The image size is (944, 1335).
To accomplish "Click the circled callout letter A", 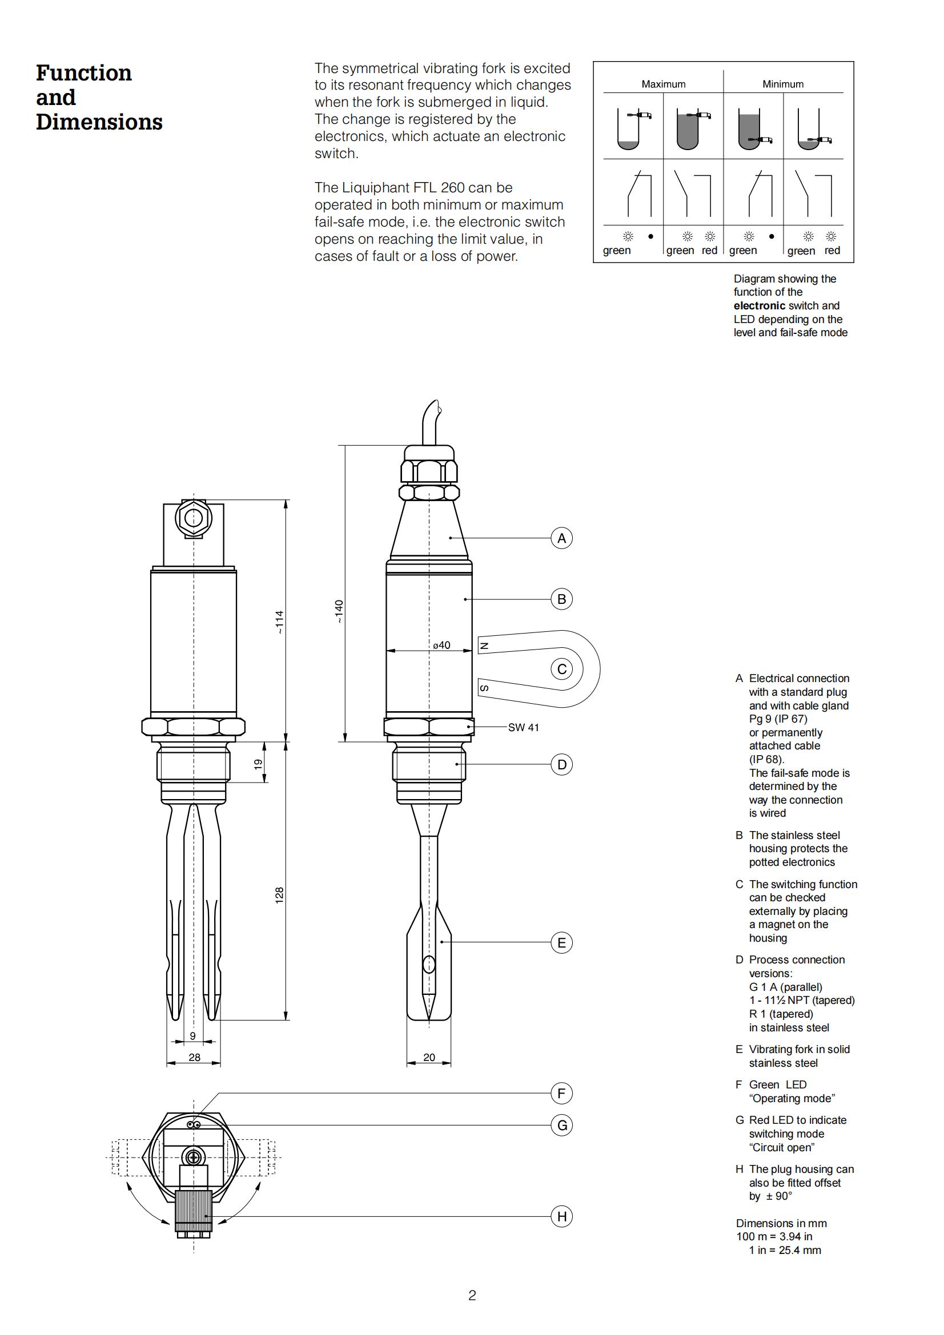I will tap(561, 538).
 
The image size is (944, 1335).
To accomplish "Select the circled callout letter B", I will tap(561, 599).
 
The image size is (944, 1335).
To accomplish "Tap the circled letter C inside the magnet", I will tap(561, 669).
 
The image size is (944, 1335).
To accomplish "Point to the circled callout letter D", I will tap(561, 765).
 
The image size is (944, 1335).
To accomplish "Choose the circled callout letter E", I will tap(561, 942).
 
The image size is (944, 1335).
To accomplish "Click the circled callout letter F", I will tap(561, 1094).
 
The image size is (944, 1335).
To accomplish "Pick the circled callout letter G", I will tap(561, 1126).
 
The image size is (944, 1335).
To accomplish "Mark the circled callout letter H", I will tap(561, 1216).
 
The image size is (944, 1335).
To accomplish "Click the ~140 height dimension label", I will tap(339, 612).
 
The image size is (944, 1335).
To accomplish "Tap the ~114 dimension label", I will tap(279, 622).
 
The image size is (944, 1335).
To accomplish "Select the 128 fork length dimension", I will tap(279, 896).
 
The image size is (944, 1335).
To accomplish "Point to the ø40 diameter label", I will tap(441, 645).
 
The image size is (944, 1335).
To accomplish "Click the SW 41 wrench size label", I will tap(524, 727).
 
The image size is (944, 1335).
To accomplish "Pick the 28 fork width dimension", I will tap(194, 1058).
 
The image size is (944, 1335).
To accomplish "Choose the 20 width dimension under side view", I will tap(429, 1058).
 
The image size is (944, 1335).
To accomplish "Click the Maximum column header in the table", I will tap(663, 84).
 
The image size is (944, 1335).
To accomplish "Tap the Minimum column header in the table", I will tap(783, 84).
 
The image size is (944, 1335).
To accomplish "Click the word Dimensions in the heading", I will tap(99, 122).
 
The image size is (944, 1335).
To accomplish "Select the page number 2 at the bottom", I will tap(472, 1296).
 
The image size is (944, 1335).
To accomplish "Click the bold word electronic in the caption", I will tap(759, 306).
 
